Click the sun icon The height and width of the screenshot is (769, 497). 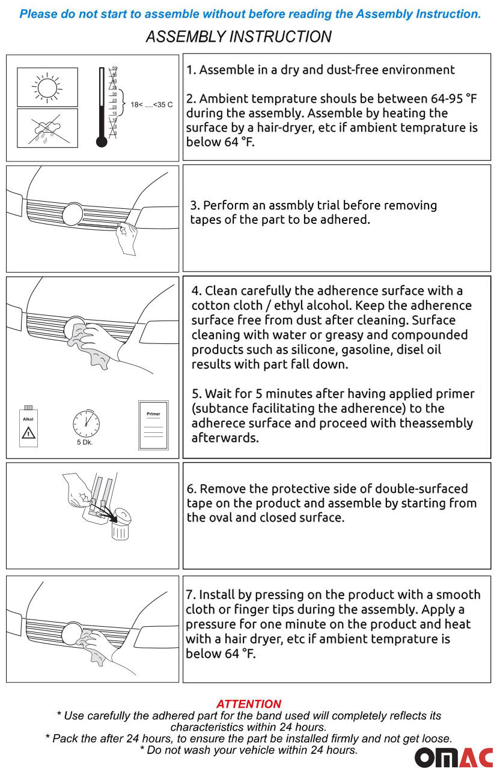click(47, 88)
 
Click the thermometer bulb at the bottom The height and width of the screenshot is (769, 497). click(102, 142)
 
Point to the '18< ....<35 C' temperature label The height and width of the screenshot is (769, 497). click(151, 104)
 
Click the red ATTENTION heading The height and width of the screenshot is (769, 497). click(249, 704)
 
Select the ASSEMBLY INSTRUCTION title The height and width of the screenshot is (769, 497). click(239, 37)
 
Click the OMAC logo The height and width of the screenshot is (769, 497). click(454, 758)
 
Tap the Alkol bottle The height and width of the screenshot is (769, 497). click(28, 426)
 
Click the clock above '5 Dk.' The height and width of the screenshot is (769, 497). click(86, 424)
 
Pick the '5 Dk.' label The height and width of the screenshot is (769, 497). click(85, 442)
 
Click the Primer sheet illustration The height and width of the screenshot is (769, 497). click(153, 425)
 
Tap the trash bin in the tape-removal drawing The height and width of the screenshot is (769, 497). click(120, 524)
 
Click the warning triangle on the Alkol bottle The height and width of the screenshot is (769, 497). click(28, 433)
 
